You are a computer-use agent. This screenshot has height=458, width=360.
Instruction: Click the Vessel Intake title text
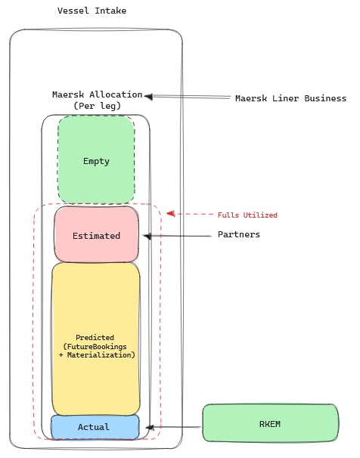point(92,11)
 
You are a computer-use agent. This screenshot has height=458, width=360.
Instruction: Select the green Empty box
point(96,161)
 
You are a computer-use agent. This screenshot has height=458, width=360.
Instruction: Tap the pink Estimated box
point(96,235)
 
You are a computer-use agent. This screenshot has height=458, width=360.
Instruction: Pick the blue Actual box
point(94,427)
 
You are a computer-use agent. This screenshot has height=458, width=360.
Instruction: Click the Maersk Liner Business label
point(290,98)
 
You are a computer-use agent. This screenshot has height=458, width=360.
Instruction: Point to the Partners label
point(238,234)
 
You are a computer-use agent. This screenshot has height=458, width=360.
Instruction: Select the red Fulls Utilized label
point(247,215)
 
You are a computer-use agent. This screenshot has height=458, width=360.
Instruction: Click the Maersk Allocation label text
point(97,94)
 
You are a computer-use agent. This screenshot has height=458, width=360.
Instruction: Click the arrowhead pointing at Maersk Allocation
point(149,96)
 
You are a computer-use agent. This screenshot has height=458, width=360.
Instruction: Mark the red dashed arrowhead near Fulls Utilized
point(171,214)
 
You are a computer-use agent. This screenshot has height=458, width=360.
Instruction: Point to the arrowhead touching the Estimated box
point(147,237)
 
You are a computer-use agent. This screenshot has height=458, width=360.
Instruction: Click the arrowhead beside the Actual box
point(149,427)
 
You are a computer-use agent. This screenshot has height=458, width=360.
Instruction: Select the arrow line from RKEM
point(178,427)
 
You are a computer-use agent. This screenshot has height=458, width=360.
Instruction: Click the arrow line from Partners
point(182,237)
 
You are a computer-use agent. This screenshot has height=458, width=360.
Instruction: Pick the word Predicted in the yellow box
point(95,337)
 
